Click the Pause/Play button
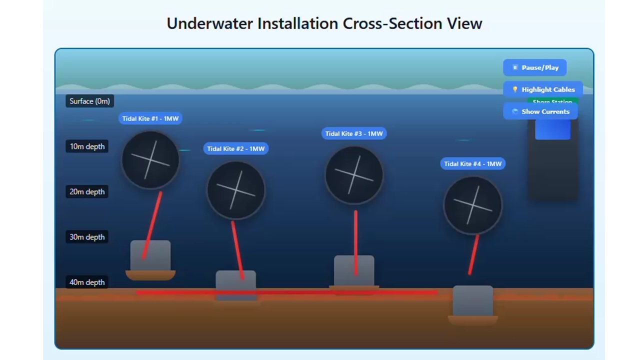click(534, 67)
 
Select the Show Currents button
click(540, 111)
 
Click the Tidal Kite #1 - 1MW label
click(150, 118)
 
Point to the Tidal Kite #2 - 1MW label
click(235, 148)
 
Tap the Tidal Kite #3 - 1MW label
click(354, 133)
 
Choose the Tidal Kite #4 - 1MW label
click(472, 163)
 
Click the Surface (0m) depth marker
click(89, 101)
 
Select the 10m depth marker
click(87, 146)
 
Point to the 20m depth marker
click(87, 191)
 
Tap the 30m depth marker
click(87, 237)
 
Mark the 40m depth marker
click(87, 282)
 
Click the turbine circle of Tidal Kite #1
click(150, 159)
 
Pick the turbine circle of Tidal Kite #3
click(354, 174)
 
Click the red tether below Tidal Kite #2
click(237, 250)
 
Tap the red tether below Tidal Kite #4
click(473, 255)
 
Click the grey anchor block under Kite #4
click(472, 300)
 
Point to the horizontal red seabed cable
click(300, 292)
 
